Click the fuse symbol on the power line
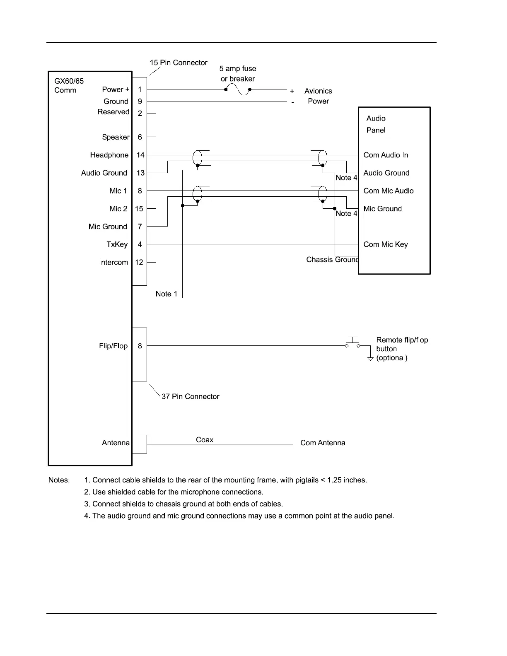tap(238, 89)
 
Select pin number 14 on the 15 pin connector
tap(140, 155)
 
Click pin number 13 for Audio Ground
tap(140, 173)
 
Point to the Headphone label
tap(109, 155)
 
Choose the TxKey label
tap(117, 244)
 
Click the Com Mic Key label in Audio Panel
tap(385, 244)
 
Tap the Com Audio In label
tap(386, 155)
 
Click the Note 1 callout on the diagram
tap(166, 294)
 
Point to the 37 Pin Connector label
tap(190, 396)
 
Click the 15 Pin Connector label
tap(179, 63)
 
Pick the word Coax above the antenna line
tap(205, 440)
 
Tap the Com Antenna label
tap(323, 443)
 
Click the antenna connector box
tap(140, 444)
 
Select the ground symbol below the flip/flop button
tap(370, 359)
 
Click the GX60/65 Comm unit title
tap(69, 85)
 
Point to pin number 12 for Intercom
tap(139, 262)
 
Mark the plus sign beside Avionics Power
tap(292, 91)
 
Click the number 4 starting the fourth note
tap(86, 516)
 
